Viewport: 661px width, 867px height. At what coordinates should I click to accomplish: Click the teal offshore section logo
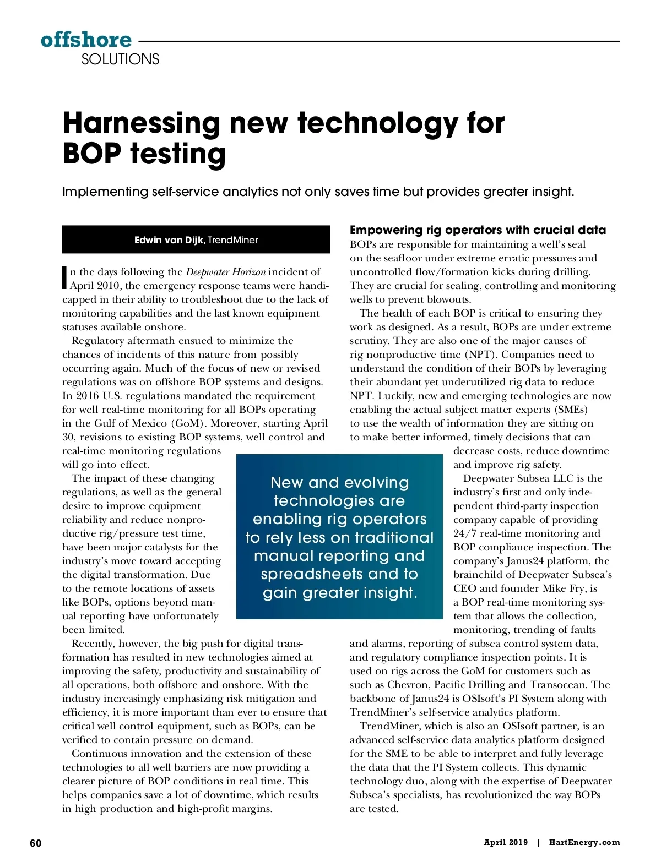point(86,40)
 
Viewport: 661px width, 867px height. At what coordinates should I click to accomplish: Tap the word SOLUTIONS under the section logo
point(120,59)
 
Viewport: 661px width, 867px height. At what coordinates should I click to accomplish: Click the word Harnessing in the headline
point(142,123)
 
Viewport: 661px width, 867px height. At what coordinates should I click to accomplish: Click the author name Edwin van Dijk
point(169,240)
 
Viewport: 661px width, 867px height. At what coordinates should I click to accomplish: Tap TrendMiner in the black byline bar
point(233,240)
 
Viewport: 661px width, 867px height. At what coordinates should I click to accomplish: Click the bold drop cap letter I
point(65,278)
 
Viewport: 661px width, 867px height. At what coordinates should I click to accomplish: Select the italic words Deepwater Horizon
point(225,272)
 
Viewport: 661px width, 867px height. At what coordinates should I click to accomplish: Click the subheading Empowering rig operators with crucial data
point(478,230)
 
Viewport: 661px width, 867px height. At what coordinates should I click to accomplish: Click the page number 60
point(36,843)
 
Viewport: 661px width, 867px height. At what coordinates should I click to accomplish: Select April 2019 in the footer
point(506,842)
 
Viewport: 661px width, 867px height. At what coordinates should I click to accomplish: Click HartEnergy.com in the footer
point(584,842)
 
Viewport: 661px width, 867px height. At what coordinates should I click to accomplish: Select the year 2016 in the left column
point(88,396)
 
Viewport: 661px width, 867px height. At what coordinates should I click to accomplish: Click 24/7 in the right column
point(464,533)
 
